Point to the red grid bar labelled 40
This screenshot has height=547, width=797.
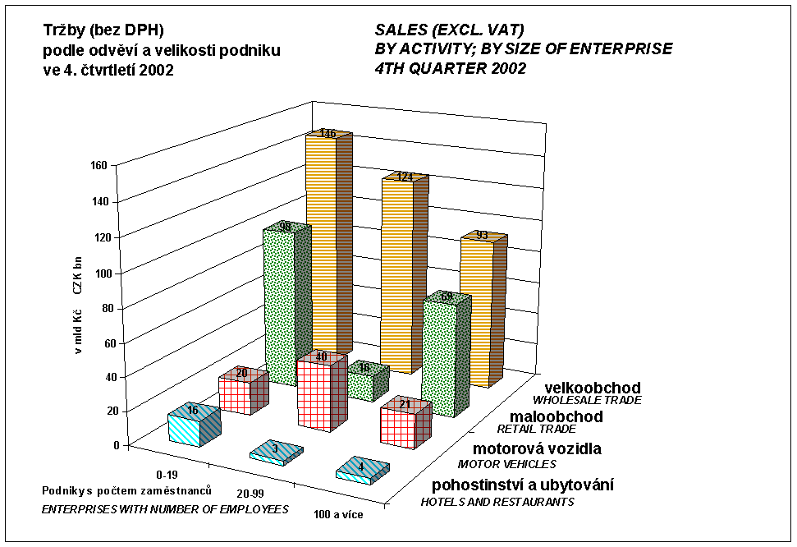pyautogui.click(x=315, y=394)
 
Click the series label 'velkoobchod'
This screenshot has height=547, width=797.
pyautogui.click(x=594, y=388)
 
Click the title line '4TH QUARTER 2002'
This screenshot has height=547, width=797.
pyautogui.click(x=450, y=69)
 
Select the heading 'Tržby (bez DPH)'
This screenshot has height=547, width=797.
pyautogui.click(x=103, y=31)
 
